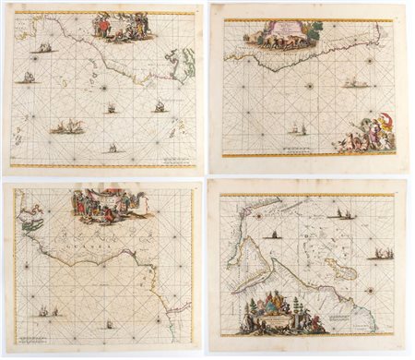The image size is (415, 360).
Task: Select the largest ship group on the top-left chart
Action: pyautogui.click(x=66, y=126)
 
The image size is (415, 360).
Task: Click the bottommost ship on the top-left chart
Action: pyautogui.click(x=113, y=147)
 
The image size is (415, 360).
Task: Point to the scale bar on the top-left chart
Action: pyautogui.click(x=175, y=159)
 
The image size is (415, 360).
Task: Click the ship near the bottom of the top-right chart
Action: pyautogui.click(x=297, y=129)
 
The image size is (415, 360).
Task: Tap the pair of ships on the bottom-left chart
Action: pyautogui.click(x=46, y=312)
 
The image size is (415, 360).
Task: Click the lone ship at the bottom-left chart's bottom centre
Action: pyautogui.click(x=109, y=324)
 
